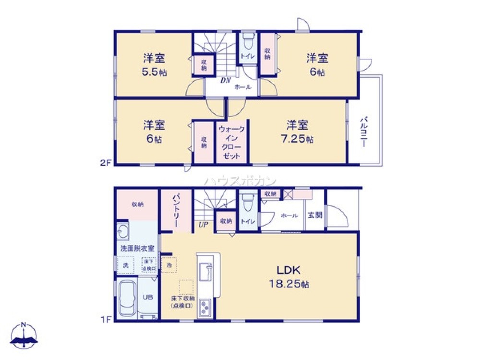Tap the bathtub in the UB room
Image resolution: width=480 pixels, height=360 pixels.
click(x=127, y=298)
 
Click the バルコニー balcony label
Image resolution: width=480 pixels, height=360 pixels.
click(x=364, y=131)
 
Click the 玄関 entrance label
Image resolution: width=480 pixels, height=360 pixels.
click(x=315, y=216)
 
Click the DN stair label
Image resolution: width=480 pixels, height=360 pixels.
click(x=226, y=80)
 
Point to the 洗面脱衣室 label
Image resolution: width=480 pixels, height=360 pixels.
click(x=137, y=248)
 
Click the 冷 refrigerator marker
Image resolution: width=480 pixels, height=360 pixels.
click(x=169, y=264)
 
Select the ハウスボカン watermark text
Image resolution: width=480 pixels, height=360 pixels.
click(x=240, y=181)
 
